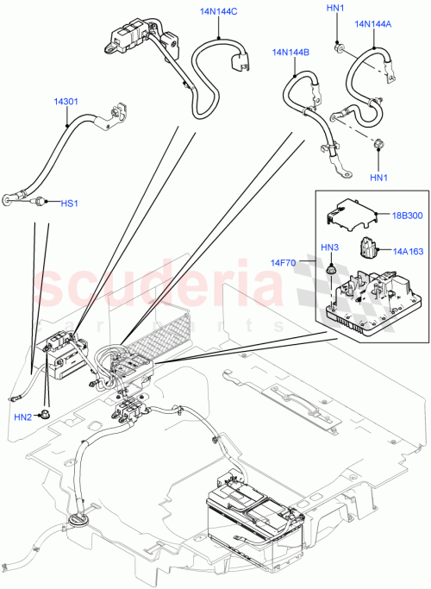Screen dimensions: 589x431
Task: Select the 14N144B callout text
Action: point(292,53)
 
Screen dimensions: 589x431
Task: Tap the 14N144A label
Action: point(372,24)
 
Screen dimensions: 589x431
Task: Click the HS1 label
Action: point(69,204)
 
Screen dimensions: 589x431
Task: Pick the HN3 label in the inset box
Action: point(331,248)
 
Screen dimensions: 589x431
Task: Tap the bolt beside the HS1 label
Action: point(40,203)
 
